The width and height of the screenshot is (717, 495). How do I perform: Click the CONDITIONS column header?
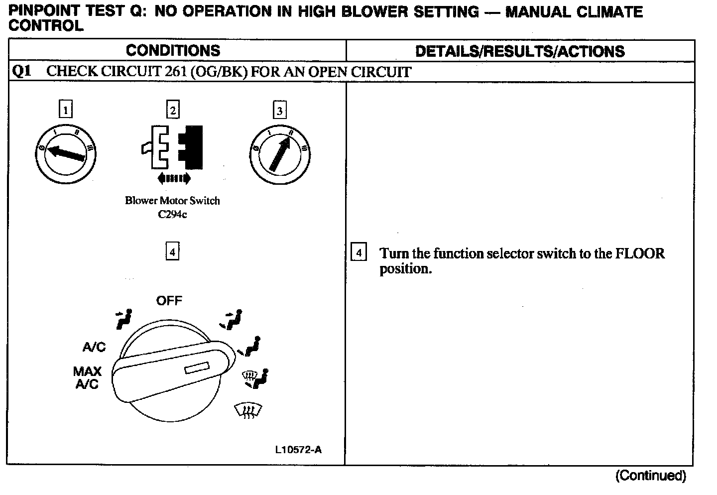(x=173, y=50)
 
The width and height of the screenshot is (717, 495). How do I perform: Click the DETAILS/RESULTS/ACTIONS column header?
(x=520, y=51)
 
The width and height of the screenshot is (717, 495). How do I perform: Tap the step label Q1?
(x=21, y=71)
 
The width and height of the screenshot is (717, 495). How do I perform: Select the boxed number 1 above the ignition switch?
(x=65, y=109)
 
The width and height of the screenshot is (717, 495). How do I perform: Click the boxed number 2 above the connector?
(x=172, y=110)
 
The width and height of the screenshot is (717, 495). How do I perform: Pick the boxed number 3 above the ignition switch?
(x=279, y=110)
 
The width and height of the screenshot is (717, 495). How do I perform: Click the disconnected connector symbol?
(x=172, y=146)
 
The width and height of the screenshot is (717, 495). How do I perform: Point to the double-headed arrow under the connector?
(x=173, y=178)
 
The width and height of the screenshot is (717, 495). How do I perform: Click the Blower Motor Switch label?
(x=172, y=201)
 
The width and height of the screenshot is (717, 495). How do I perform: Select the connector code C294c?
(x=172, y=215)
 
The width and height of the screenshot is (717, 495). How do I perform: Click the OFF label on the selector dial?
(x=169, y=301)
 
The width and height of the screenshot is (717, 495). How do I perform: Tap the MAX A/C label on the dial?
(x=87, y=377)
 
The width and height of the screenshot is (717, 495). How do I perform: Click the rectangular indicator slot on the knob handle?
(x=196, y=369)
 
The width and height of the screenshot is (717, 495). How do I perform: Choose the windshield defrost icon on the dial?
(x=247, y=410)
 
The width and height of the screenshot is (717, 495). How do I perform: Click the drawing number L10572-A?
(x=298, y=450)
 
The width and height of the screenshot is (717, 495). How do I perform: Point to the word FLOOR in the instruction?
(x=640, y=253)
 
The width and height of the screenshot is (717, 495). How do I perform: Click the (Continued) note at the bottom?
(x=650, y=476)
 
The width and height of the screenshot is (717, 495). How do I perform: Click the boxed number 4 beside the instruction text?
(x=358, y=253)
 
